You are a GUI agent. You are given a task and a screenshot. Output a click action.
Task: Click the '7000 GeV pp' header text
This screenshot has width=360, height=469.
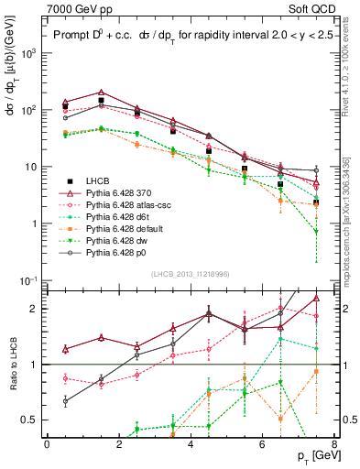pos(75,7)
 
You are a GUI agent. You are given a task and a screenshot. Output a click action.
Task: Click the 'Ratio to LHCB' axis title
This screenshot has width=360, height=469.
pos(12,365)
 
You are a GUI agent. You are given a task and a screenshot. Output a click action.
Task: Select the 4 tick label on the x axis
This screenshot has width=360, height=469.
pos(191,442)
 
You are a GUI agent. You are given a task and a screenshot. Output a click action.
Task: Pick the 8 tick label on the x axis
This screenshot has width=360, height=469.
pos(334,442)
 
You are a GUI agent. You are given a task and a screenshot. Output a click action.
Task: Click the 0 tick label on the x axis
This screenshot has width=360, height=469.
pos(47,442)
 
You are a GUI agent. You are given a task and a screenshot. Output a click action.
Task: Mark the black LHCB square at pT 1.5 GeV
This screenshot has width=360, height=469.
pos(101,101)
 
